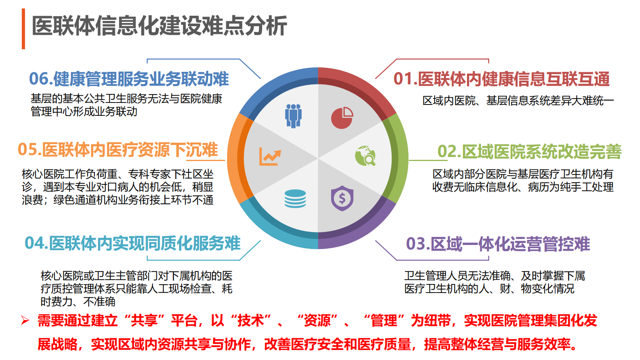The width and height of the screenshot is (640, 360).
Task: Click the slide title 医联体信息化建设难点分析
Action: [159, 26]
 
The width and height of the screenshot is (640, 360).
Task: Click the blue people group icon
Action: [293, 116]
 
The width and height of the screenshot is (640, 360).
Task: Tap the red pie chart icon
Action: [342, 118]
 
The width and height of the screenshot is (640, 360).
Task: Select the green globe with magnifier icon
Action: [365, 156]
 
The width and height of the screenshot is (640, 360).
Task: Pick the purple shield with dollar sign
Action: [342, 198]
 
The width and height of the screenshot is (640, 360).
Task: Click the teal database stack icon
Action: [295, 199]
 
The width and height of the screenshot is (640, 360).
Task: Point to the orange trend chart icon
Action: [270, 157]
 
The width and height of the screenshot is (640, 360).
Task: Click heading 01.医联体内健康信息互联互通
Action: [501, 79]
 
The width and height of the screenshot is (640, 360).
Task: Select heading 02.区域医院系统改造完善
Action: [529, 152]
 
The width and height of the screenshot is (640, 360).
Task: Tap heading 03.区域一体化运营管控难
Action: [498, 244]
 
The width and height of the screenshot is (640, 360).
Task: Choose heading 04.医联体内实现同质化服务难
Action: [133, 243]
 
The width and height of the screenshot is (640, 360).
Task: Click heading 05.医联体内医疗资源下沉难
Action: [118, 150]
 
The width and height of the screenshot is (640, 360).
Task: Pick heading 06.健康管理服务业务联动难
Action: [129, 79]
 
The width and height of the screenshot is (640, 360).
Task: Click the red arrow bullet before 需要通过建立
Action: [25, 321]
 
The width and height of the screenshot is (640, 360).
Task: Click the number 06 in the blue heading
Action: [39, 79]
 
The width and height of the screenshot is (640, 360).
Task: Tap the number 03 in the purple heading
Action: [416, 244]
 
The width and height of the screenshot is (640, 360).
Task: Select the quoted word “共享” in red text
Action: [145, 321]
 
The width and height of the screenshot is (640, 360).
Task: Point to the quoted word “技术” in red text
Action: [251, 321]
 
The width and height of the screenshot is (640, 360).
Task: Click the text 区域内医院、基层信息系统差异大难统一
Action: [518, 100]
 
